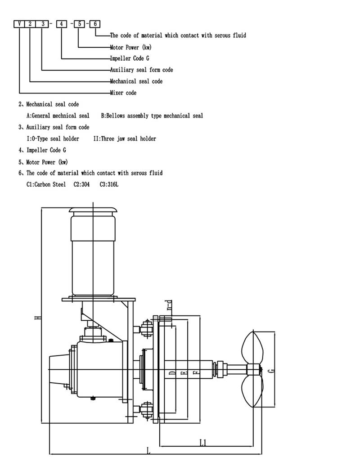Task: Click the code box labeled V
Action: [19, 24]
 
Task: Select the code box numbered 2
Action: [30, 24]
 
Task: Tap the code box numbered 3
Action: [43, 24]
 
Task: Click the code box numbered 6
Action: [96, 24]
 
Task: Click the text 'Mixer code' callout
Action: [123, 93]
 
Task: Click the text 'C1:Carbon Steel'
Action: [46, 184]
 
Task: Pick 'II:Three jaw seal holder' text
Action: [125, 139]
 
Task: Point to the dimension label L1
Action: [203, 443]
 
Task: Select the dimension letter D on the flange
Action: [172, 373]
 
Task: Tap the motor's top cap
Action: [93, 211]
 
